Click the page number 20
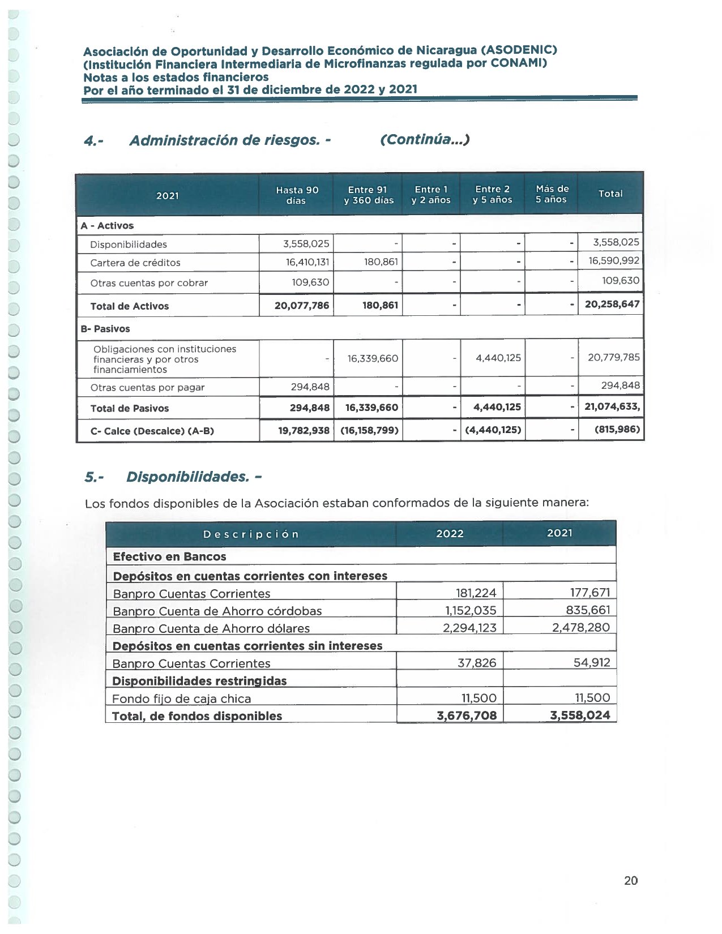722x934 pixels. click(x=630, y=880)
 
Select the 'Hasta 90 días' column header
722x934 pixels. click(x=297, y=195)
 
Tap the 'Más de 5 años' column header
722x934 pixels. click(x=552, y=194)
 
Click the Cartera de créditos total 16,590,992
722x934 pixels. click(x=614, y=261)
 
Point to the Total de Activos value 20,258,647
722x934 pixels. click(x=612, y=305)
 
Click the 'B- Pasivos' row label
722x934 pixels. click(x=105, y=329)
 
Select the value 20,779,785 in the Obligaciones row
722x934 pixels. click(x=613, y=358)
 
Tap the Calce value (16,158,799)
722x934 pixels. click(x=369, y=430)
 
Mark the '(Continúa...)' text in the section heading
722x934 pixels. click(x=425, y=140)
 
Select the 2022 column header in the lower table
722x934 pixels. click(x=450, y=534)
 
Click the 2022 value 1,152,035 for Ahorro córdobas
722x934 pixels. click(x=470, y=611)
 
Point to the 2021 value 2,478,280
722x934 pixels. click(x=580, y=628)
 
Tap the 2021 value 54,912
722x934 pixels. click(x=591, y=663)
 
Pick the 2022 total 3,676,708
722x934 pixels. click(x=466, y=716)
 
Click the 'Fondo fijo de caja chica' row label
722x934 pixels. click(x=181, y=699)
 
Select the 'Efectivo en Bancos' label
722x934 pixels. click(x=169, y=557)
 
